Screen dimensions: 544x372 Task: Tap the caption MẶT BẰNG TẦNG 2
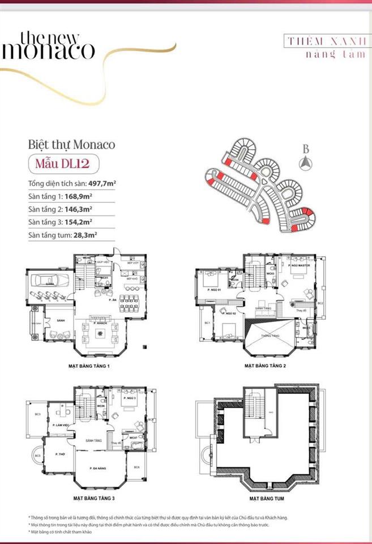pyautogui.click(x=265, y=366)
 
